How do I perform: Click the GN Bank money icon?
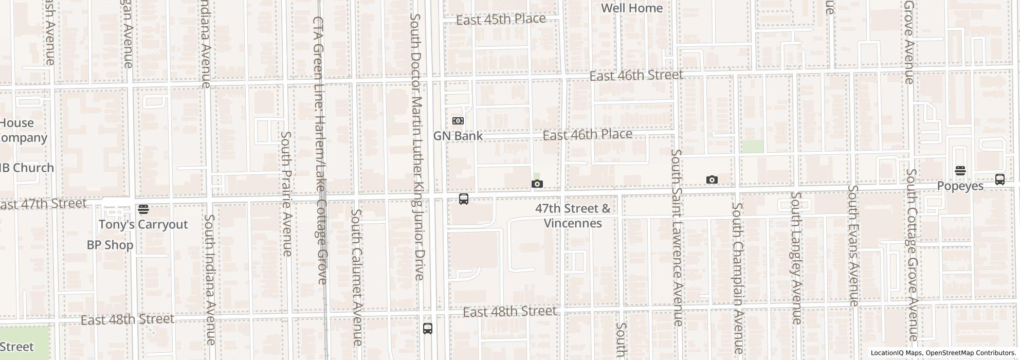(458, 121)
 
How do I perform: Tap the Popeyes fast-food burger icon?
(960, 171)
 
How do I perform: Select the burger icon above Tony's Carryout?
(143, 209)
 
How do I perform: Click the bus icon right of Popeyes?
(999, 179)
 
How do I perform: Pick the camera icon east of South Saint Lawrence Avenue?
(712, 179)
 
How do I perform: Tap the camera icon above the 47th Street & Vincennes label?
(537, 184)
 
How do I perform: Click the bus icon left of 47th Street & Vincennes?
(463, 200)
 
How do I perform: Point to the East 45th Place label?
(501, 20)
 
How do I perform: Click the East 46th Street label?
(636, 76)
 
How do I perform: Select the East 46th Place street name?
(587, 135)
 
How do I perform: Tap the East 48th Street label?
(509, 312)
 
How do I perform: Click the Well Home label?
(631, 8)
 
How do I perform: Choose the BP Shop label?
(110, 245)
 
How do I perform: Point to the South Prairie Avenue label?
(286, 193)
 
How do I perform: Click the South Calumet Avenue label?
(357, 277)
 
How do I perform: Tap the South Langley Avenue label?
(796, 258)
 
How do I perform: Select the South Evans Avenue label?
(853, 245)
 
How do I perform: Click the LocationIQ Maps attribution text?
(896, 353)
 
